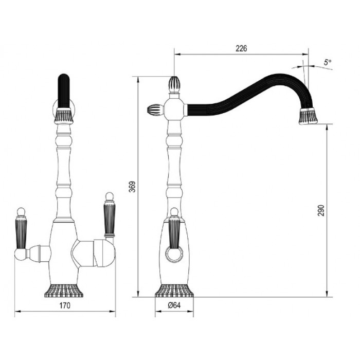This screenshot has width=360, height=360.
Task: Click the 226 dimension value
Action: coord(242,49)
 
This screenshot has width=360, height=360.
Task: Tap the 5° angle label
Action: coord(328,62)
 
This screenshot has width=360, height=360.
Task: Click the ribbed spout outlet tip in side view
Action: coord(308,118)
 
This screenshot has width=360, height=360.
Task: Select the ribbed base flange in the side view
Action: coord(175,291)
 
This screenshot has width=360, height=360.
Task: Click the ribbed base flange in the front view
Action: coord(64,291)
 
